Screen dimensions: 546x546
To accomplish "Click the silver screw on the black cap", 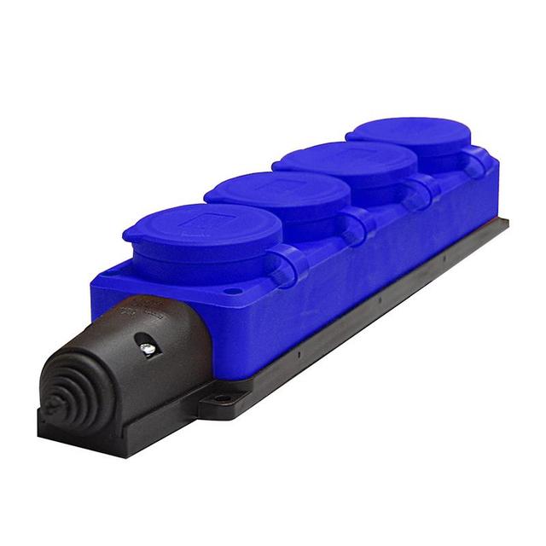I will (x=148, y=348).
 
